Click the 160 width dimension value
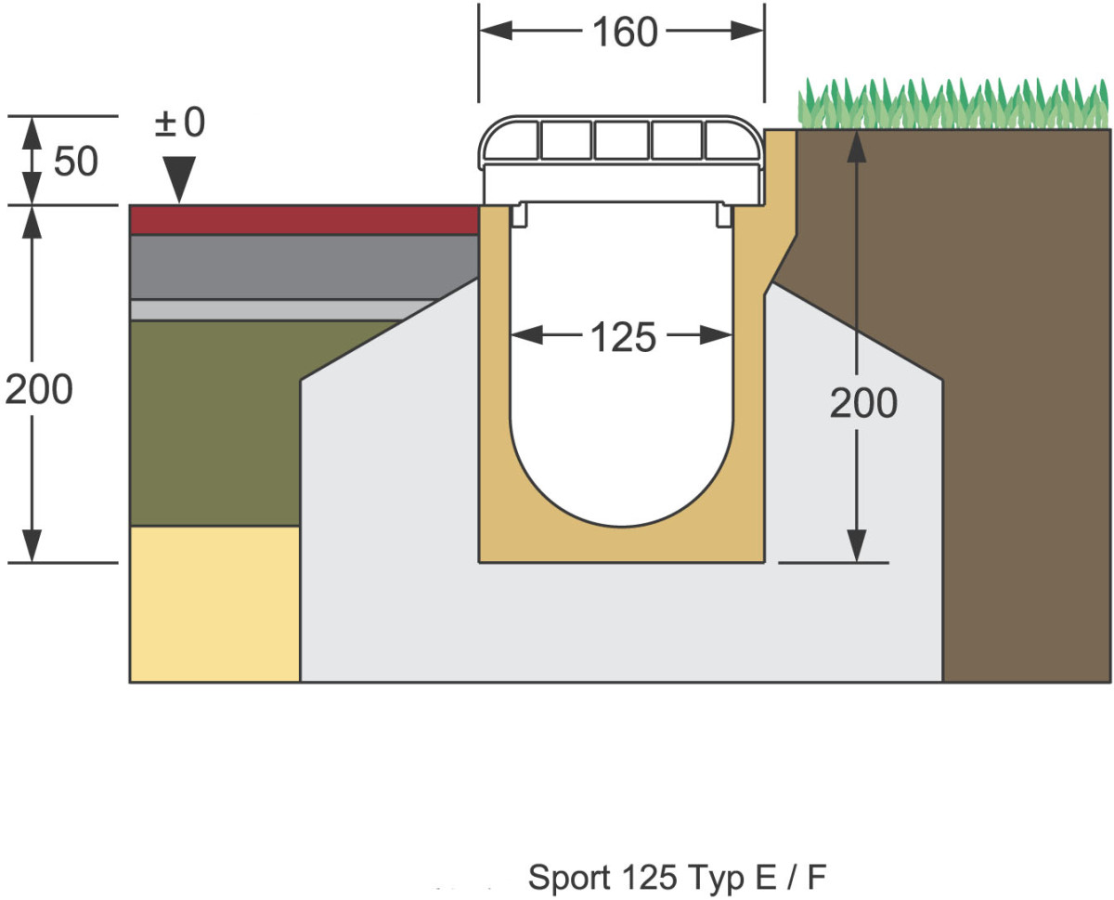[x=624, y=33]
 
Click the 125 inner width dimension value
[x=623, y=337]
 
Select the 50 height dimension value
[x=75, y=162]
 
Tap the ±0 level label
[x=179, y=123]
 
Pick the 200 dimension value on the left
[x=39, y=391]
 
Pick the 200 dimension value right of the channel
[x=863, y=404]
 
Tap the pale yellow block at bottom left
[x=214, y=604]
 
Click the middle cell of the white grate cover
[x=621, y=140]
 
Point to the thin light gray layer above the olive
[x=278, y=309]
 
